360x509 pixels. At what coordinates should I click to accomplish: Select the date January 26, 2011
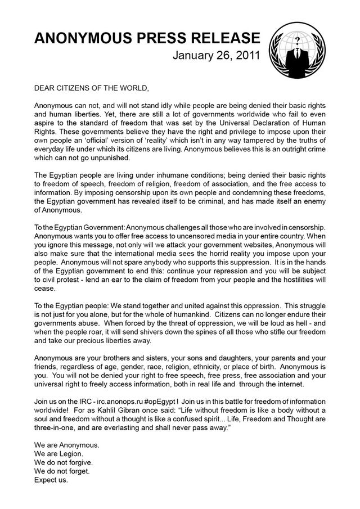point(216,56)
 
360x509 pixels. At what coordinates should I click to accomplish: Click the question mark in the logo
point(294,41)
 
